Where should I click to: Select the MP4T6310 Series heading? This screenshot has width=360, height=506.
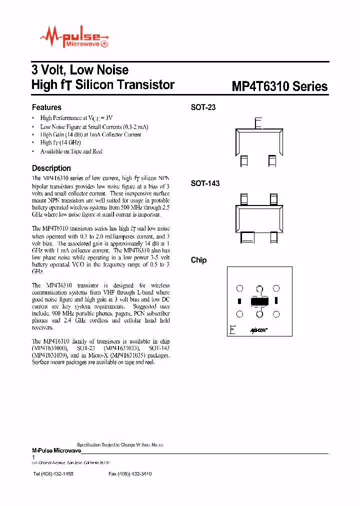pos(279,86)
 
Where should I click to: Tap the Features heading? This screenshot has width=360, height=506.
pos(46,107)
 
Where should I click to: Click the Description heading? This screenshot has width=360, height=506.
pos(51,168)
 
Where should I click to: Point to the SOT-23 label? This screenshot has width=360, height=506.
pos(203,107)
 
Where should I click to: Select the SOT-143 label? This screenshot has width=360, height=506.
pos(205,183)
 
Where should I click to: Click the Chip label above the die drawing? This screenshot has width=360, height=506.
pos(198,260)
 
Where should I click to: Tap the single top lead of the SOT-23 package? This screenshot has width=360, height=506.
pos(258,123)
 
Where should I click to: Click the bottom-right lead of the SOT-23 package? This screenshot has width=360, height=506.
pos(272,160)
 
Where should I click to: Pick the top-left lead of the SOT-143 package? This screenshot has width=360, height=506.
pos(244,199)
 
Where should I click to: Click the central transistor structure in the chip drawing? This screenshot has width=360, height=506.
pos(259,301)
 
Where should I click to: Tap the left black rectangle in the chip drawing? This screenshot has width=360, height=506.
pos(239,301)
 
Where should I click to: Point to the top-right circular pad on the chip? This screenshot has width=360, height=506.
pos(276,288)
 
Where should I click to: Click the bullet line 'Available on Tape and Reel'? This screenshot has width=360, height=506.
pos(71,151)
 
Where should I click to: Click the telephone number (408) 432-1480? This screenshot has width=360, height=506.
pos(53,473)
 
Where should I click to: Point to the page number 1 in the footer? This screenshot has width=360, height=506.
pos(33,457)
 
